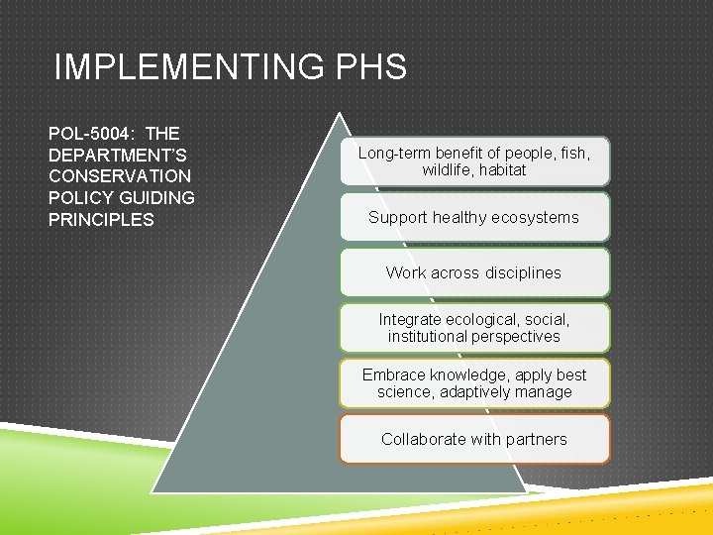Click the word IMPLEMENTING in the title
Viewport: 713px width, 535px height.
(185, 67)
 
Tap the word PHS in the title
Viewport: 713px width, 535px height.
(370, 67)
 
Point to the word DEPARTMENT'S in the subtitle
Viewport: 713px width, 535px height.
(118, 155)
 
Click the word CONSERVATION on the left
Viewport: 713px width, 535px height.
(120, 176)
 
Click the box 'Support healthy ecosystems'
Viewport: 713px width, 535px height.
(474, 217)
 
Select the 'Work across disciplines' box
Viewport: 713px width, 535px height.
(474, 272)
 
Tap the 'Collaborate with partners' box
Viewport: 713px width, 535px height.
(474, 439)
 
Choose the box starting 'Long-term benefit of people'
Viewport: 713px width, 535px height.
(474, 161)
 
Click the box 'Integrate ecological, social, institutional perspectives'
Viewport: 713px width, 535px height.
(474, 328)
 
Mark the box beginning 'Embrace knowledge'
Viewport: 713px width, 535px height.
(474, 383)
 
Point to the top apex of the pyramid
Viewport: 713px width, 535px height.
(341, 115)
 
